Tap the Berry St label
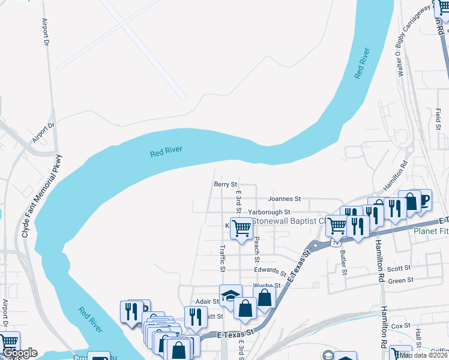pyautogui.click(x=226, y=185)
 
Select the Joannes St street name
pyautogui.click(x=284, y=199)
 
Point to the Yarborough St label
pyautogui.click(x=270, y=212)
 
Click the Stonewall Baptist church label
pyautogui.click(x=288, y=221)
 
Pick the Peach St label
pyautogui.click(x=257, y=244)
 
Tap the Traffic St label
pyautogui.click(x=222, y=255)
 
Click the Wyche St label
pyautogui.click(x=267, y=286)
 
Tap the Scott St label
pyautogui.click(x=399, y=268)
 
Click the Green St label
pyautogui.click(x=400, y=280)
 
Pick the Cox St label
pyautogui.click(x=396, y=326)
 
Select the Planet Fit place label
pyautogui.click(x=430, y=232)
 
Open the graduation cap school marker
pyautogui.click(x=231, y=295)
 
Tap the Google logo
pyautogui.click(x=19, y=353)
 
